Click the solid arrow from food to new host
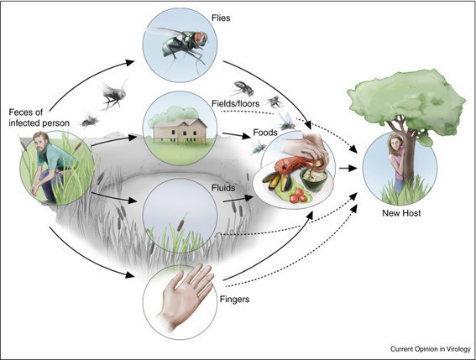pos(348,168)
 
